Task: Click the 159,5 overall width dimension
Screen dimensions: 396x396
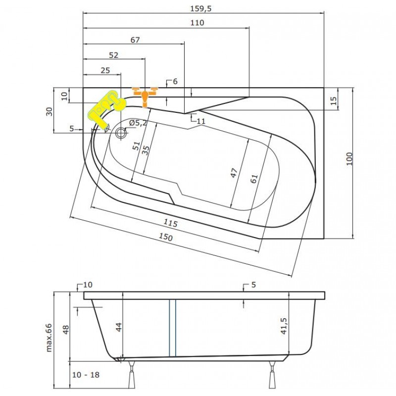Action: pyautogui.click(x=201, y=8)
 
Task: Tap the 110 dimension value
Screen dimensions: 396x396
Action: pyautogui.click(x=197, y=23)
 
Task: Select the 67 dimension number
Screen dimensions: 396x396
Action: pyautogui.click(x=135, y=40)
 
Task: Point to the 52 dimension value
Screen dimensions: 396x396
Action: pyautogui.click(x=113, y=55)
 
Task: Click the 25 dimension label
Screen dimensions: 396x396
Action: pyautogui.click(x=105, y=70)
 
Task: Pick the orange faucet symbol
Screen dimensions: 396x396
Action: pyautogui.click(x=145, y=97)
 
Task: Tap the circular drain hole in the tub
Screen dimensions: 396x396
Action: pyautogui.click(x=121, y=132)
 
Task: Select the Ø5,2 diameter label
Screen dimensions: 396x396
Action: pyautogui.click(x=138, y=123)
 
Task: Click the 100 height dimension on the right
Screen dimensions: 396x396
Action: pyautogui.click(x=349, y=159)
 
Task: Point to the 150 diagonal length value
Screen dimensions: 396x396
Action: pyautogui.click(x=166, y=237)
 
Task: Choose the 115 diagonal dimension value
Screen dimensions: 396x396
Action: pyautogui.click(x=170, y=223)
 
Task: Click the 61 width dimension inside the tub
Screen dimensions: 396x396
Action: pyautogui.click(x=254, y=179)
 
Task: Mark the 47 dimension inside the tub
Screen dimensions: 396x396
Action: pyautogui.click(x=234, y=173)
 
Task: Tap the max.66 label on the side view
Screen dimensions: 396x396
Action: pyautogui.click(x=49, y=338)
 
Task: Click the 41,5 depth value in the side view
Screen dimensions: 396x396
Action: pyautogui.click(x=284, y=326)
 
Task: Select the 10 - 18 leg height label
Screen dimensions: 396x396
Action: pyautogui.click(x=86, y=375)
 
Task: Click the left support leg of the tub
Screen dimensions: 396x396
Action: pyautogui.click(x=132, y=375)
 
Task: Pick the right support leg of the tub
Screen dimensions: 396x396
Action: pyautogui.click(x=272, y=375)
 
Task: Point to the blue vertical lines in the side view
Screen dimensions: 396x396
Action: pyautogui.click(x=172, y=328)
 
